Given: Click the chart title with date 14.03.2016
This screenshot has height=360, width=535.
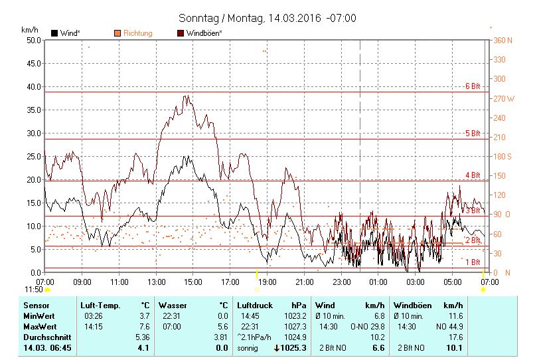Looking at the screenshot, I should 267,18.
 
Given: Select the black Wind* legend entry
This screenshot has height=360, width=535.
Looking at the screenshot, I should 65,33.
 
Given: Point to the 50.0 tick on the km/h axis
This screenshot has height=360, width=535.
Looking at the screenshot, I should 32,40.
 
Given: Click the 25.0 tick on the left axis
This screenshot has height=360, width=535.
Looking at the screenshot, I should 32,156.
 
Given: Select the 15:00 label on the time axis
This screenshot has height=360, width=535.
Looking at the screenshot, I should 193,282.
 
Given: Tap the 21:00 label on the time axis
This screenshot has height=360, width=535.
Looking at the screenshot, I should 304,282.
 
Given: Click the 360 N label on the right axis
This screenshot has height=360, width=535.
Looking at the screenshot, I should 503,40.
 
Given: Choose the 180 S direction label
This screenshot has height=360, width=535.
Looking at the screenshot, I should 503,157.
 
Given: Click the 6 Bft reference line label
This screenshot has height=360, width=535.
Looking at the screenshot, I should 472,86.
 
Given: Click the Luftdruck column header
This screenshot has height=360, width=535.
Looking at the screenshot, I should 255,305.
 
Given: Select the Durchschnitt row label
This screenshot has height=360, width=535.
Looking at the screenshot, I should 44,337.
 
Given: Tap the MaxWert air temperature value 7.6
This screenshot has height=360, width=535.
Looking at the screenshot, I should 143,326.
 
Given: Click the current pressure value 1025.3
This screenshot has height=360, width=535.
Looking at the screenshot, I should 293,347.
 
